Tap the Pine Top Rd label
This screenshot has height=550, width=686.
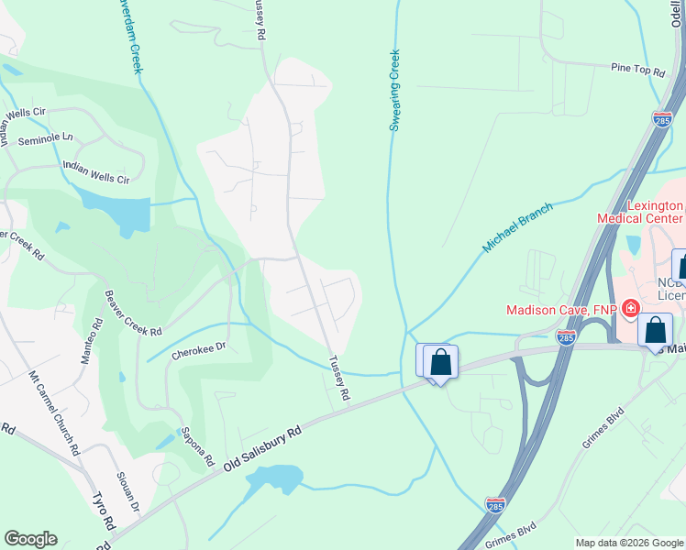coord(637,69)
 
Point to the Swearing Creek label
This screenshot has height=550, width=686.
coord(395,90)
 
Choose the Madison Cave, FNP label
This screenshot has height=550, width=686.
coord(561,310)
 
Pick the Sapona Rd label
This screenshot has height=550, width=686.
coord(197,444)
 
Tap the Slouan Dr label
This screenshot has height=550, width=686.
coord(127,491)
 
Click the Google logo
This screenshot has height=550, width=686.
coord(30,539)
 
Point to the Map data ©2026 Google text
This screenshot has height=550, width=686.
coord(628,543)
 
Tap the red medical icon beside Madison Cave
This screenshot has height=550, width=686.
coord(630,310)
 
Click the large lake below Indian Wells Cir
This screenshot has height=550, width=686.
coord(115,210)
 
